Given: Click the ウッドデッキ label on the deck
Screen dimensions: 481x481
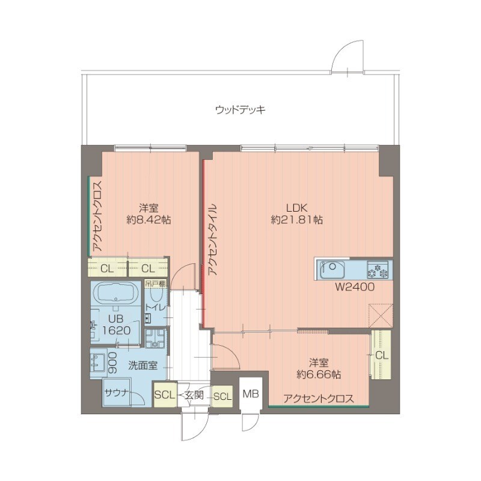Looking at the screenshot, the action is point(240,110).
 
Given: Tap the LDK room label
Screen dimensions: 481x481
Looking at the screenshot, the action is point(296,208).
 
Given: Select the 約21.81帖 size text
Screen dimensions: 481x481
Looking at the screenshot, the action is point(296,220).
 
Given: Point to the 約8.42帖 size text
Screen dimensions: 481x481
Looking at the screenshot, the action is point(149,220).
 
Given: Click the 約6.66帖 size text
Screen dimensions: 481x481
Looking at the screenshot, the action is point(319,375).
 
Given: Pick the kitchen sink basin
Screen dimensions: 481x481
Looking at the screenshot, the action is point(332,270).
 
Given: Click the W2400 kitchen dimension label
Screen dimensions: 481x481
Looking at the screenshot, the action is point(355,287).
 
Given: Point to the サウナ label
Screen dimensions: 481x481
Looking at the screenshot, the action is point(116,393).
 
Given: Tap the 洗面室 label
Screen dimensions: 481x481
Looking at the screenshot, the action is point(142,366).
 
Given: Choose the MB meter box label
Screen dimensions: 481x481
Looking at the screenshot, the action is point(251,393).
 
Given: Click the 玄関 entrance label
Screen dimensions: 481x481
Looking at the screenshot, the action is point(194,395).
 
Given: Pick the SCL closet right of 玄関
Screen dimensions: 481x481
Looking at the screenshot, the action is point(222,396).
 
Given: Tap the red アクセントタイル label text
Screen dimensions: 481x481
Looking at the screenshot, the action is point(212,239).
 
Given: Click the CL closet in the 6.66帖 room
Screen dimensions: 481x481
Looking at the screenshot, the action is point(381,355).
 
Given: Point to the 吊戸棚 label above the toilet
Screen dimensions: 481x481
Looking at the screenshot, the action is point(156,283).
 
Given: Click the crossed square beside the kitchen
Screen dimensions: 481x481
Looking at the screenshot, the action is point(381,315).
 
